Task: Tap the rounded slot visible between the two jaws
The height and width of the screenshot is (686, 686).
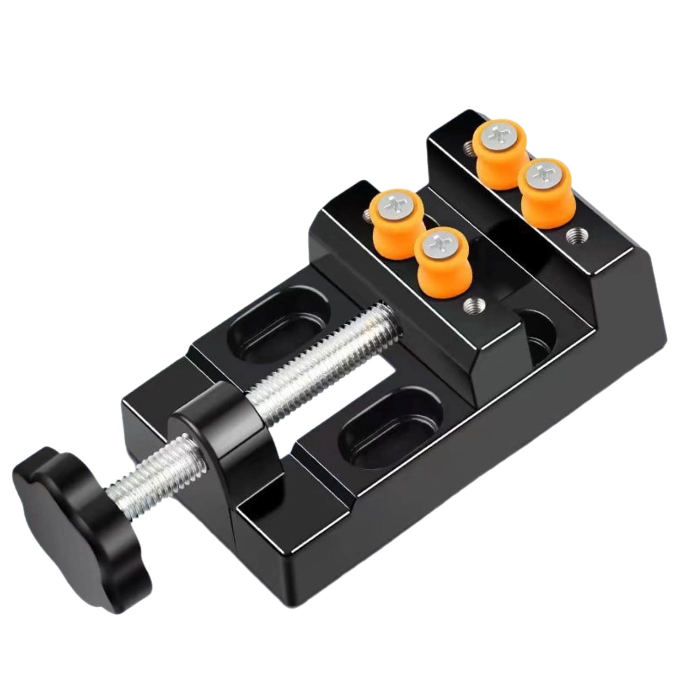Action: tap(542, 338)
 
